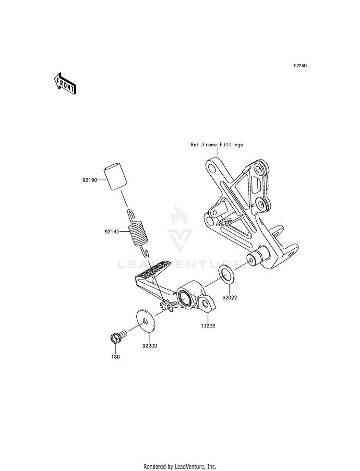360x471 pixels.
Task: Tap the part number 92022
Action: coord(229,298)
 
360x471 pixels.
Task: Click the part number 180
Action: coord(115,357)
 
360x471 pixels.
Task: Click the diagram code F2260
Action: coord(300,65)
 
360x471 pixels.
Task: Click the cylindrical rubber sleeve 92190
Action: coord(115,178)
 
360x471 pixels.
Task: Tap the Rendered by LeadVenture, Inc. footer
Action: coord(180,467)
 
